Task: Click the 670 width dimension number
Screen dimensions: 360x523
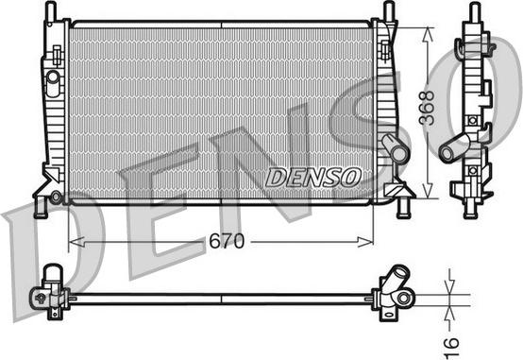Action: (x=227, y=241)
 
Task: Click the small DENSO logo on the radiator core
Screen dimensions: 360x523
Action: (x=312, y=176)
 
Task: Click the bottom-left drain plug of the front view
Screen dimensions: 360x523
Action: (x=56, y=197)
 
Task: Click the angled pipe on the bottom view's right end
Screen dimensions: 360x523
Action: (x=394, y=283)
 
